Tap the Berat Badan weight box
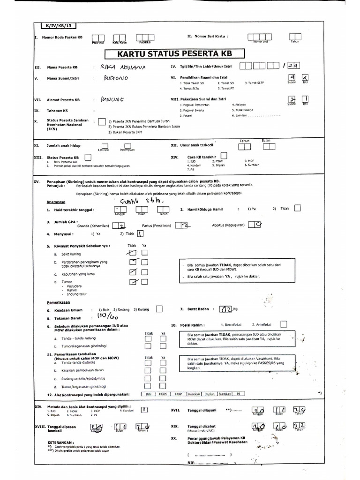226,309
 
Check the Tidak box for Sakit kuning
134,253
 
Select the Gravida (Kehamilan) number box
121,226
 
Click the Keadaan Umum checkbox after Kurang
159,309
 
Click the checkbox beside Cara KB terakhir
224,155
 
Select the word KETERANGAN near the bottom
60,442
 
